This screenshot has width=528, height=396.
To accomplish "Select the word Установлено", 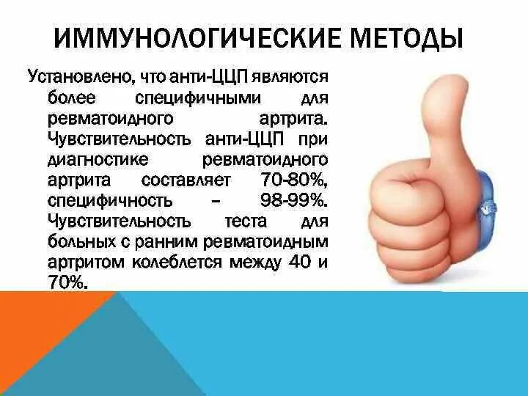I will (x=71, y=76).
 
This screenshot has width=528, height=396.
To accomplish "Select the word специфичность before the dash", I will (x=100, y=199).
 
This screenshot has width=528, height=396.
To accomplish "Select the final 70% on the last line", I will (x=69, y=282).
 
